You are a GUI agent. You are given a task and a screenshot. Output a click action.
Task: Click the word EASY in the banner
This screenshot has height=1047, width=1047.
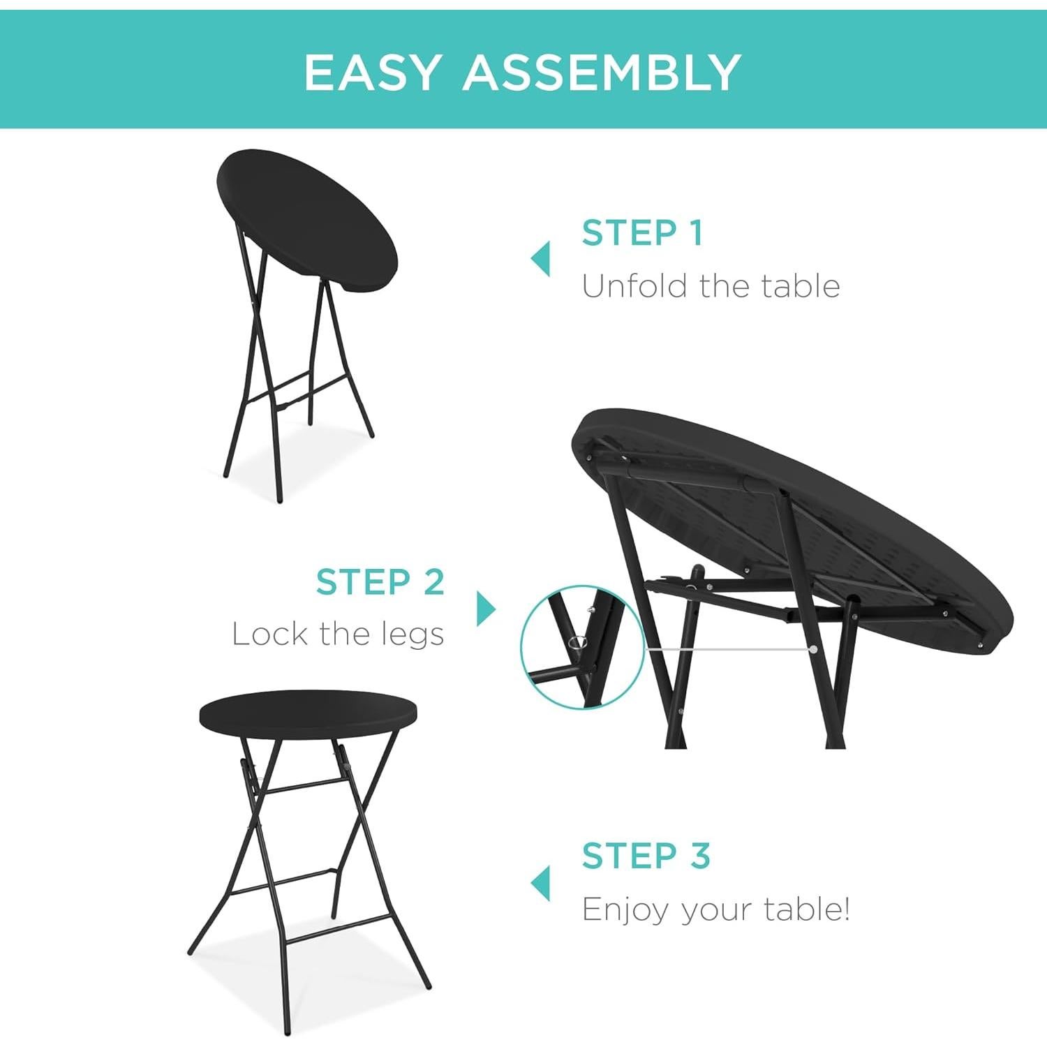click(x=373, y=73)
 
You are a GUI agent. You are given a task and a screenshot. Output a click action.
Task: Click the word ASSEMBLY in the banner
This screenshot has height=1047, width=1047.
click(x=602, y=73)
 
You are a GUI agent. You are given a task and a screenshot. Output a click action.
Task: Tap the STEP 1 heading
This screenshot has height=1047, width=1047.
click(x=642, y=233)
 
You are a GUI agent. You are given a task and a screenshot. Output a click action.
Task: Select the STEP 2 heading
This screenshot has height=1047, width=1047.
click(x=380, y=582)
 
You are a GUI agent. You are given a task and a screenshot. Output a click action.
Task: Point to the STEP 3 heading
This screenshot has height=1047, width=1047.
click(x=646, y=856)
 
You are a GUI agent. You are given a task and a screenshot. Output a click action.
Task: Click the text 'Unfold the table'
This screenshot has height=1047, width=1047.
click(x=711, y=286)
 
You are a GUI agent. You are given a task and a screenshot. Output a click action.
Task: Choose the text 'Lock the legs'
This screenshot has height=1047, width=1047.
click(x=338, y=634)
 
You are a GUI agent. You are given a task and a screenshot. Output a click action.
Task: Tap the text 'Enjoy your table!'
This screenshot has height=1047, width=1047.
click(x=715, y=909)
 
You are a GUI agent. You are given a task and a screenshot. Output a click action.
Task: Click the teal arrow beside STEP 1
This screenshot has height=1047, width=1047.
click(x=540, y=259)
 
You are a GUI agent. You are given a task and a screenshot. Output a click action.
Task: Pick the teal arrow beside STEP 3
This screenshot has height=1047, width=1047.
click(x=540, y=884)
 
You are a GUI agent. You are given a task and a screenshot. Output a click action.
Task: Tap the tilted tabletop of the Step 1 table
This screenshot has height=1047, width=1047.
click(x=307, y=216)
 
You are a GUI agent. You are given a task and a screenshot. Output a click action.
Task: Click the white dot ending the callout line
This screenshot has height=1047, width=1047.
click(x=814, y=649)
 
